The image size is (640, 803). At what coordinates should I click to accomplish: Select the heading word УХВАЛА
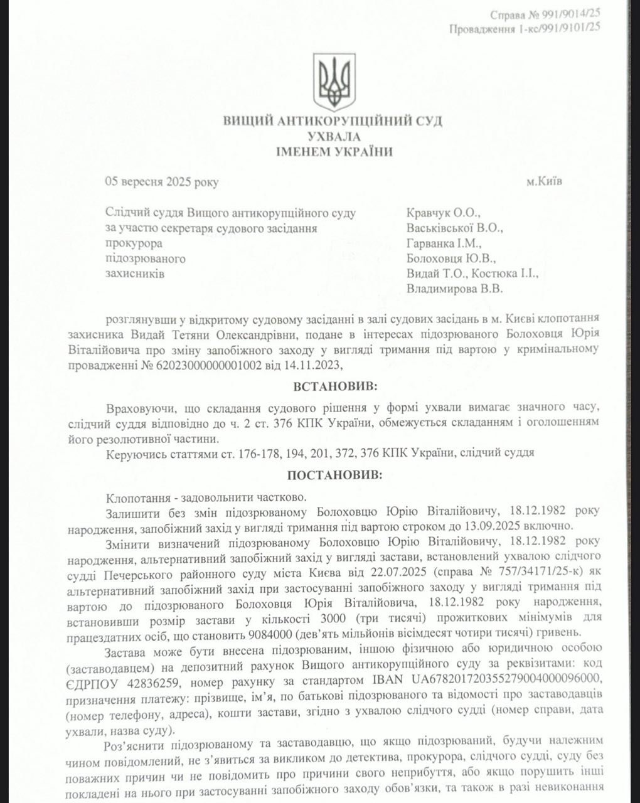[334, 136]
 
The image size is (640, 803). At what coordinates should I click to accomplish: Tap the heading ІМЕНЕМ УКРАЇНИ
[334, 151]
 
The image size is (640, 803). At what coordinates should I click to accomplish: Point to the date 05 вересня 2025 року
[162, 183]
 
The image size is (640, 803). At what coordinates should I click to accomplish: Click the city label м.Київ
[545, 181]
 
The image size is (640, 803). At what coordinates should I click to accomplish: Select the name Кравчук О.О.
[443, 213]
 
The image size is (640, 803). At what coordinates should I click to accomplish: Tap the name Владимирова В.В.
[454, 289]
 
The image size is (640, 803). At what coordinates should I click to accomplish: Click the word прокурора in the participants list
[134, 243]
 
